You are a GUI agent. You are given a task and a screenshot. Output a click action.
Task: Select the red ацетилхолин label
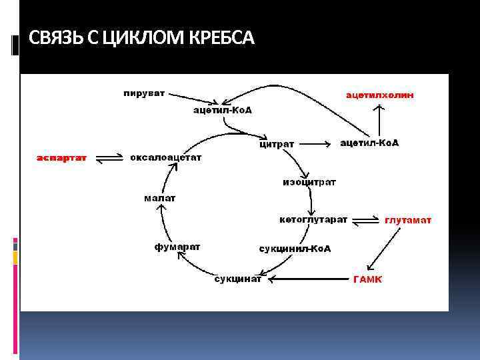379,95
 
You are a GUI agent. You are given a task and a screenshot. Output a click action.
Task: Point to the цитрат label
277,144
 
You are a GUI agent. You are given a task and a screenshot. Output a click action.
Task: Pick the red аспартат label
61,158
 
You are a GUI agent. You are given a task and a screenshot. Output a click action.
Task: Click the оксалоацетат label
165,158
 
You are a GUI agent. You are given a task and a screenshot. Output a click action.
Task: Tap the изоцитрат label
309,182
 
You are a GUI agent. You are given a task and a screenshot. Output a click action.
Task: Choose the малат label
160,198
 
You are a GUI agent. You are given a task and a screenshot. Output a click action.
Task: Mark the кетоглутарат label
312,219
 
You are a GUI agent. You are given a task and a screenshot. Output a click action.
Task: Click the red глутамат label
408,220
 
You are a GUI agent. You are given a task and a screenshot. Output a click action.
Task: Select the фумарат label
177,247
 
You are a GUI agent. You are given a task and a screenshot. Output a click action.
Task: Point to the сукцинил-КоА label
295,249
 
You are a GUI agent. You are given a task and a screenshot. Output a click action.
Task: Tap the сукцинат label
238,279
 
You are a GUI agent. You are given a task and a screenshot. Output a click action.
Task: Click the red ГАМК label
367,279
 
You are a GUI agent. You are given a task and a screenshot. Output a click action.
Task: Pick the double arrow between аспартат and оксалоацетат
109,158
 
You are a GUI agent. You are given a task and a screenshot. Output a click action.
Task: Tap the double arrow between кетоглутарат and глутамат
365,220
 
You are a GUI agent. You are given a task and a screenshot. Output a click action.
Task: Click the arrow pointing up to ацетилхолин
379,119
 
